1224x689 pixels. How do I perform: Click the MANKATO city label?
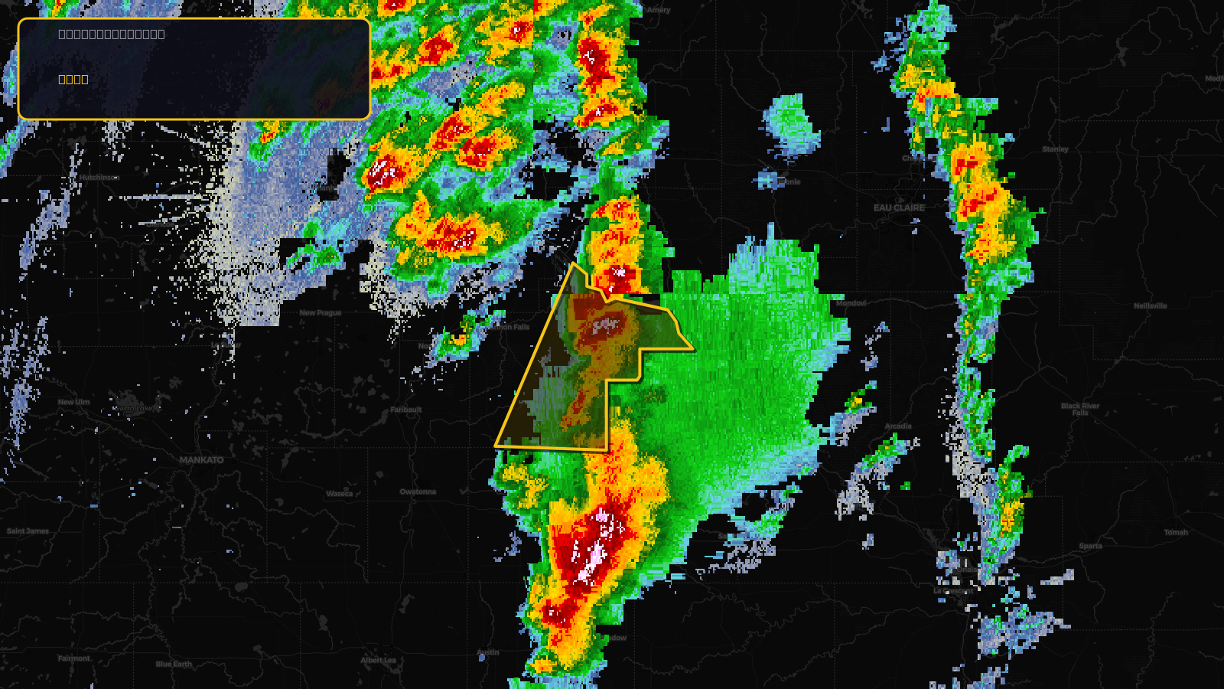coord(202,460)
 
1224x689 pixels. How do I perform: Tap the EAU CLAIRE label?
coord(899,207)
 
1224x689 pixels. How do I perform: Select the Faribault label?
coord(406,410)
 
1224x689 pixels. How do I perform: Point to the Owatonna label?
coord(418,491)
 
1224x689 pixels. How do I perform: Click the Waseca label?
coord(340,494)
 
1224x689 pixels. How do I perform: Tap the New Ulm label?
coord(73,402)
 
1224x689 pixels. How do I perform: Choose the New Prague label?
coord(321,313)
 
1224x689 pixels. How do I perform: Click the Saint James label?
coord(28,531)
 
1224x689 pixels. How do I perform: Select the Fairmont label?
coord(74,658)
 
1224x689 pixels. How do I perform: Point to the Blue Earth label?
coord(174,664)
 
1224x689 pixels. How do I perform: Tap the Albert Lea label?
coord(379,660)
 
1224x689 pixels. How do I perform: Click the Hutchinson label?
coord(99,178)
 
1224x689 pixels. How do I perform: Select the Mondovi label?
coord(851,303)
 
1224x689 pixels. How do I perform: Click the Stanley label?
coord(1055,149)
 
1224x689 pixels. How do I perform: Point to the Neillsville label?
coord(1150,306)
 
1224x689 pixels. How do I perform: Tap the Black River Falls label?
coord(1079,409)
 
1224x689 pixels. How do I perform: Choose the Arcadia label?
coord(898,426)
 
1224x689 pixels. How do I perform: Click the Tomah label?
coord(1176,532)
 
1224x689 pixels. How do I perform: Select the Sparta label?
coord(1090,546)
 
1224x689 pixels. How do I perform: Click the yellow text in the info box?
coord(73,79)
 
